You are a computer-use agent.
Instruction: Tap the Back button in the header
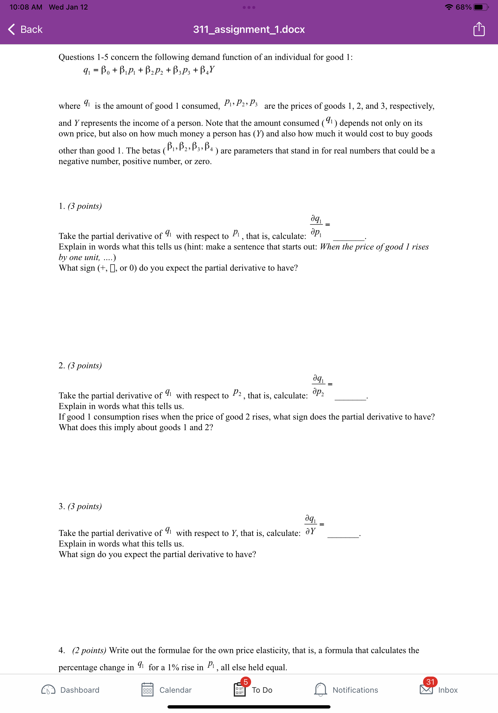[25, 30]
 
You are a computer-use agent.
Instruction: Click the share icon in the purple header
[479, 30]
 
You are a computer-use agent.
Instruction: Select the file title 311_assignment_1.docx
[249, 30]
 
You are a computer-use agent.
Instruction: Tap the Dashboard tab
[70, 690]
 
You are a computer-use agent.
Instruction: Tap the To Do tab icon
[239, 690]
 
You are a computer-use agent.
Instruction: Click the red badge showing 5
[246, 682]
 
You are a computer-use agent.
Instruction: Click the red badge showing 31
[430, 682]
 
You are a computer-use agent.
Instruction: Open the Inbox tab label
[448, 690]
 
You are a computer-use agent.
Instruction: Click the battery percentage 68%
[463, 7]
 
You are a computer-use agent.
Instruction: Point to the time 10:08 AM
[26, 7]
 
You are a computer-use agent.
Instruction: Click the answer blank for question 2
[350, 398]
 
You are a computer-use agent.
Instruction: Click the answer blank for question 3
[343, 536]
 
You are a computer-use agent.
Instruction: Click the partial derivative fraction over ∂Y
[310, 525]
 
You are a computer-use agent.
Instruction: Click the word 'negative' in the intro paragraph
[73, 162]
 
